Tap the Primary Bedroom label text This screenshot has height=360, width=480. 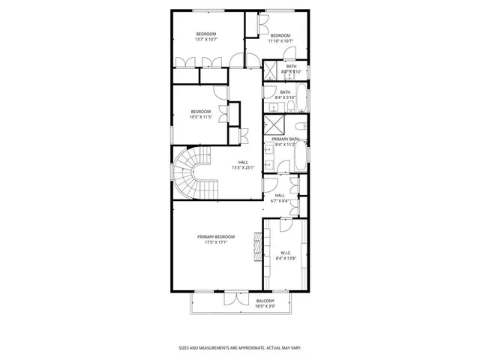[x=215, y=236]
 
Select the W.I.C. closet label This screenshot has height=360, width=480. [x=284, y=253]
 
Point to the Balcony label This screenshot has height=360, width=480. [x=244, y=301]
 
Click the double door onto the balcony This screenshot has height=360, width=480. [x=235, y=298]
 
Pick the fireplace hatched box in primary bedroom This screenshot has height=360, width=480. [x=258, y=247]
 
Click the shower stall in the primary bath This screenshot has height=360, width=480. [x=273, y=125]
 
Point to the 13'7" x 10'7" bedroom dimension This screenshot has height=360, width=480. [x=205, y=40]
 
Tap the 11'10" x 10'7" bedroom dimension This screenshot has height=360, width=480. [x=280, y=40]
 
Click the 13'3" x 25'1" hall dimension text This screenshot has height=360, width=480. [x=243, y=167]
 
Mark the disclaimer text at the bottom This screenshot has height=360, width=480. [x=239, y=347]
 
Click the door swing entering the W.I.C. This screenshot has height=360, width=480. [x=288, y=226]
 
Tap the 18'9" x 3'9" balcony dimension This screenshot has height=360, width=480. [x=244, y=306]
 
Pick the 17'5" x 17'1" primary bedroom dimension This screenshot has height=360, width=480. [x=215, y=241]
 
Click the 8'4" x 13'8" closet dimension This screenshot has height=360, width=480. [x=284, y=258]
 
